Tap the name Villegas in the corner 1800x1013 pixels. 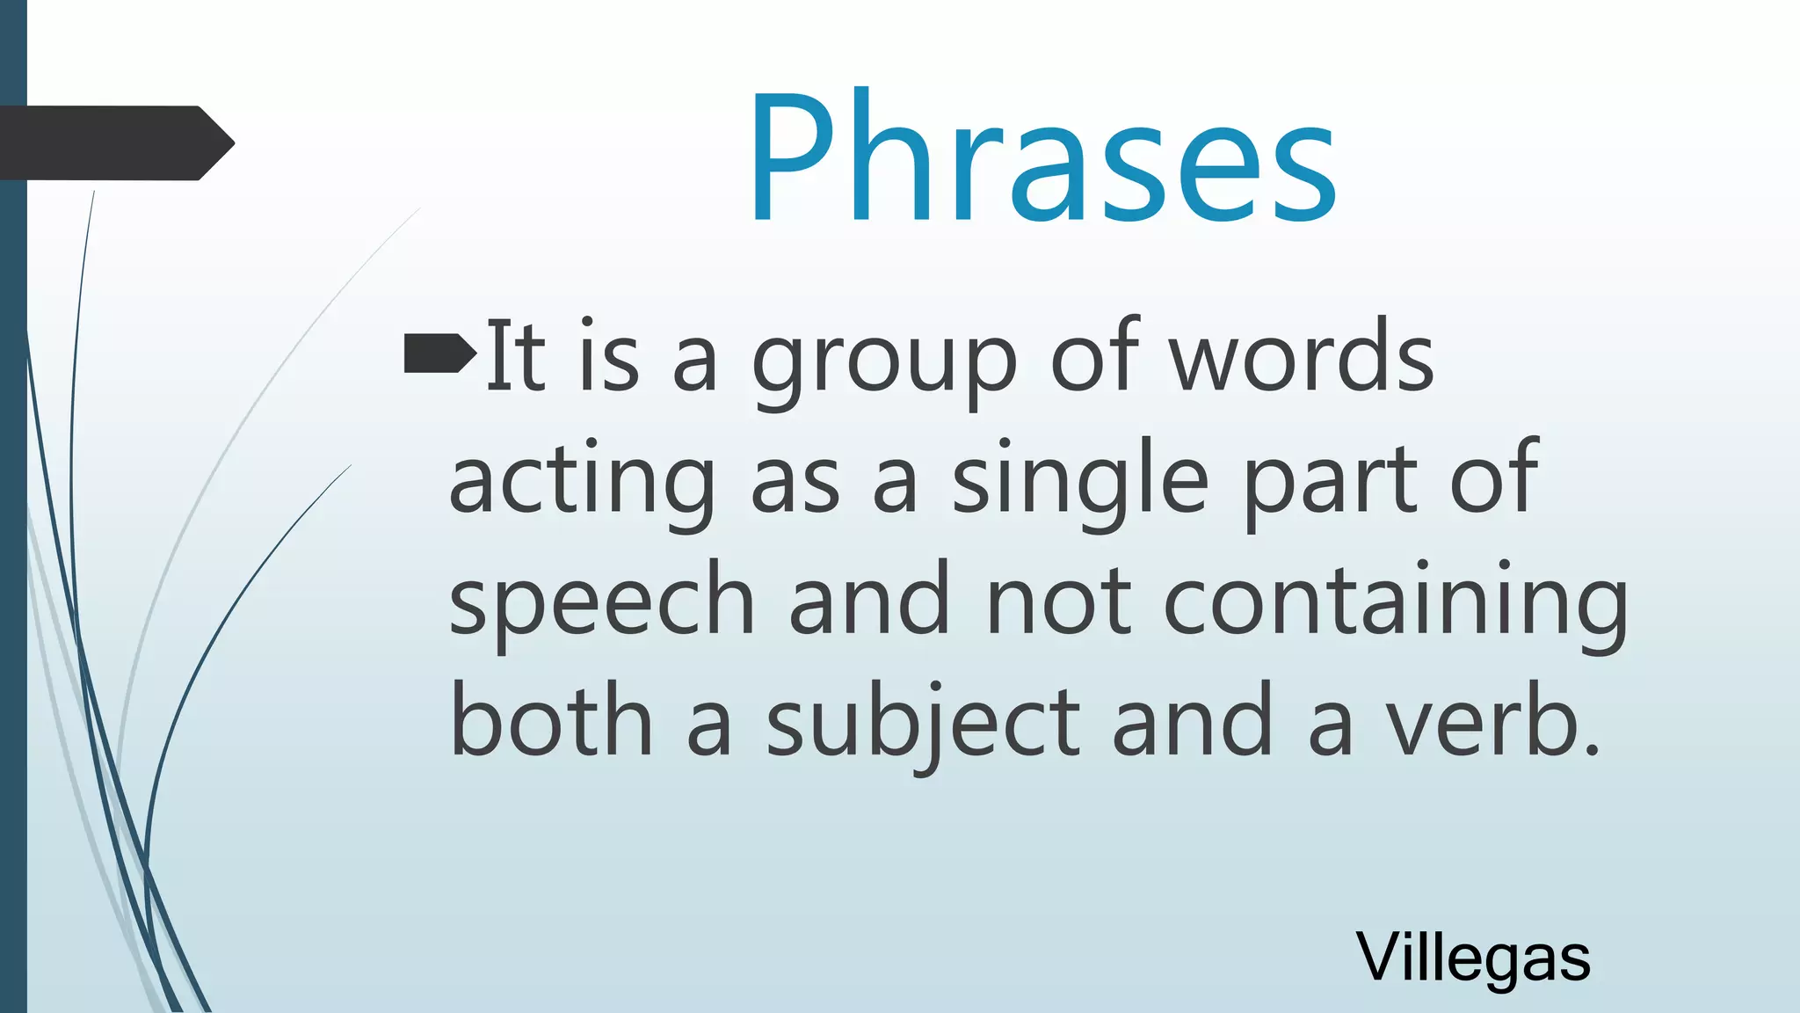1473,957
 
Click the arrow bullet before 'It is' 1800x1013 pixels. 439,353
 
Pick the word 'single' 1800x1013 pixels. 1080,482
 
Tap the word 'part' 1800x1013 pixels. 1331,482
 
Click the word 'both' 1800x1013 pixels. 551,723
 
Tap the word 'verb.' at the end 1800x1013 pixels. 1494,723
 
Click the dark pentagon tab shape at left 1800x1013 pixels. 114,143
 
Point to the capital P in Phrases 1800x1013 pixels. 795,158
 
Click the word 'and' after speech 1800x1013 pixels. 869,601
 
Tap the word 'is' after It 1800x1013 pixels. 608,356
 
